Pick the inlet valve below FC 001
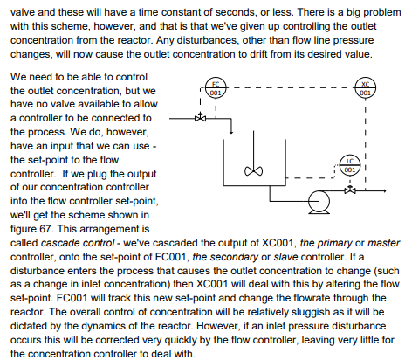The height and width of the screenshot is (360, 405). click(x=202, y=118)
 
